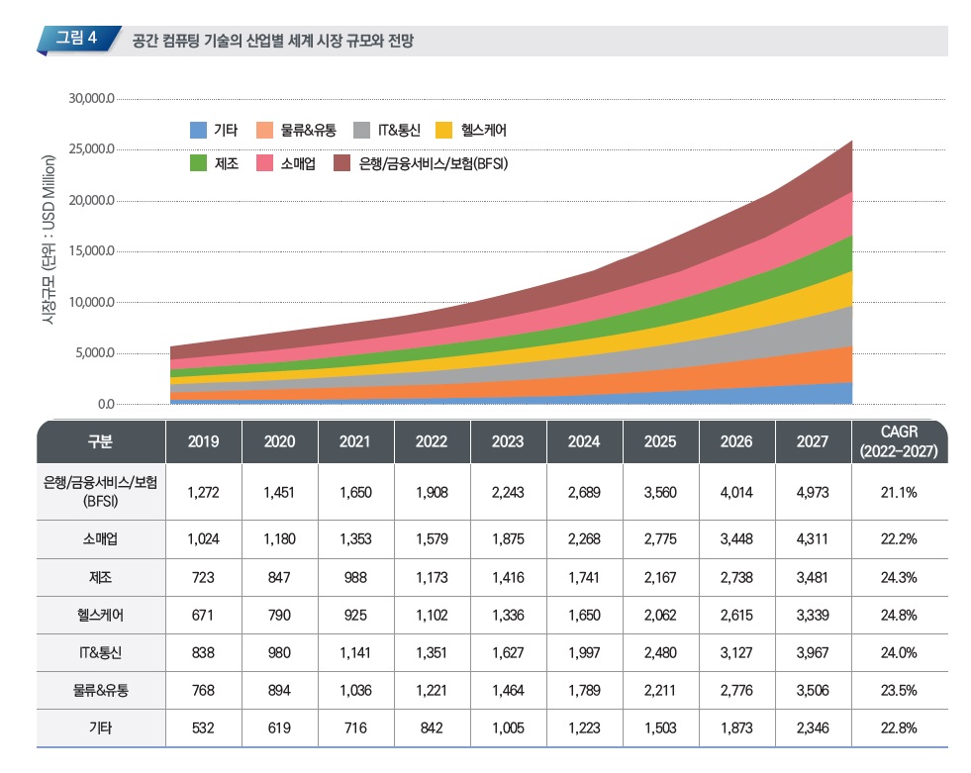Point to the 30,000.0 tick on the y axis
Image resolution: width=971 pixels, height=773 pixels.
(92, 99)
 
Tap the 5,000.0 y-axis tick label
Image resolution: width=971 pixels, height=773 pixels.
(95, 353)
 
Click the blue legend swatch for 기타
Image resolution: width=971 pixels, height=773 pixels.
(198, 131)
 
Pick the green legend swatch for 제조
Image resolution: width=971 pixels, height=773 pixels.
(198, 163)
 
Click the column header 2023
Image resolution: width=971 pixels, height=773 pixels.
(508, 441)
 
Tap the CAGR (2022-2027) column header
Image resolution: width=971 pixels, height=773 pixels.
(899, 441)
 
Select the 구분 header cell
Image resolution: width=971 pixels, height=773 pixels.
(99, 441)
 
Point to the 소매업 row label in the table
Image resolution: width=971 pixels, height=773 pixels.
(99, 539)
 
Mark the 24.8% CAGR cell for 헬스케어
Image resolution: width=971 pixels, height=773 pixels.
(899, 615)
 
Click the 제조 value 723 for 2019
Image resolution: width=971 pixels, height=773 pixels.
(203, 577)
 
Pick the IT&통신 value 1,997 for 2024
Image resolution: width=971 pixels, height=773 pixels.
(584, 652)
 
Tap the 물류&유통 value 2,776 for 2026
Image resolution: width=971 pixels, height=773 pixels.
(736, 690)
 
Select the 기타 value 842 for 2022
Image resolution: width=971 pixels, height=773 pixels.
(432, 727)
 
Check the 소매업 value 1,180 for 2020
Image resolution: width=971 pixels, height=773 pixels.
(279, 539)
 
